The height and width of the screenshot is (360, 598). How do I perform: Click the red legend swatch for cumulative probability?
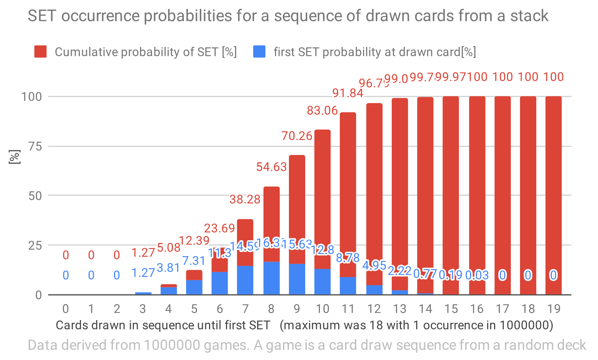click(40, 52)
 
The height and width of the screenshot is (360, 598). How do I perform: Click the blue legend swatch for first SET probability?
click(259, 52)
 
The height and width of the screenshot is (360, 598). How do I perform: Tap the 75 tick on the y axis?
click(35, 146)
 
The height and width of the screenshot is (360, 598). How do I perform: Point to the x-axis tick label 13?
click(400, 308)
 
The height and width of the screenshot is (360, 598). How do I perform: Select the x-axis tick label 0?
click(66, 308)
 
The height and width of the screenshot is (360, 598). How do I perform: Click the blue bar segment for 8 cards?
click(271, 278)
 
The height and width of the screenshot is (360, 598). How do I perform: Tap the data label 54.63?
click(271, 167)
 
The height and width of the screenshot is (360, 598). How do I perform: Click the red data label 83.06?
click(322, 110)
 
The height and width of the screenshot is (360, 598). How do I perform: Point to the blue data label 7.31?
click(194, 260)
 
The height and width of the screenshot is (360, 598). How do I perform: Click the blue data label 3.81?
click(168, 268)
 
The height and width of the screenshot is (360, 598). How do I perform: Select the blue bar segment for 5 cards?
click(194, 287)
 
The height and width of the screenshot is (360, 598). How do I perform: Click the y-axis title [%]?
click(14, 157)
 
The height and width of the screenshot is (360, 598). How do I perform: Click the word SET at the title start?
click(42, 16)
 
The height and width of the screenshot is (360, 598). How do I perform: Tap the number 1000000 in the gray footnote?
click(171, 345)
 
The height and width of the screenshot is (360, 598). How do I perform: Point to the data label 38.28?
click(245, 200)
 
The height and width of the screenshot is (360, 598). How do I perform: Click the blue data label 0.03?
click(477, 275)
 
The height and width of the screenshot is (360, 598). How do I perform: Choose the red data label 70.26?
click(297, 136)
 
